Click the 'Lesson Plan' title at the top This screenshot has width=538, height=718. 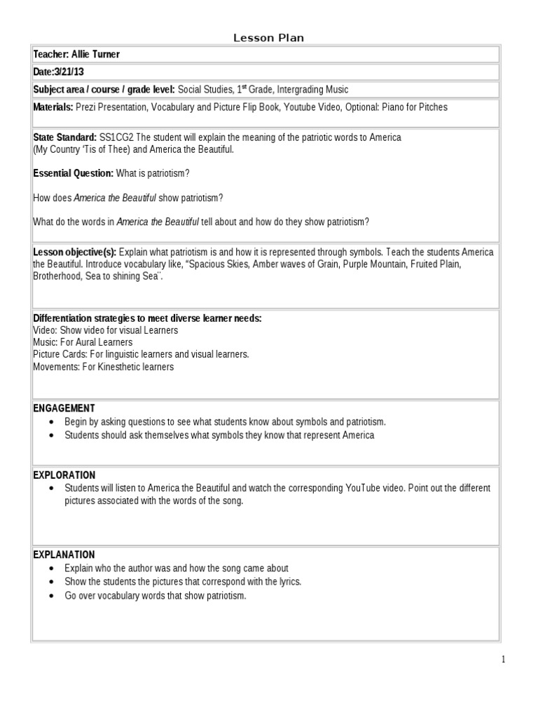click(x=268, y=38)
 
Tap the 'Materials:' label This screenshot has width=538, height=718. click(x=53, y=107)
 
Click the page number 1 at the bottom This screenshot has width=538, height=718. click(x=502, y=659)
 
